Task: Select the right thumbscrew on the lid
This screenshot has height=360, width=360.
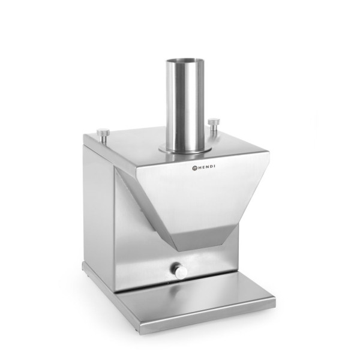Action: (x=214, y=125)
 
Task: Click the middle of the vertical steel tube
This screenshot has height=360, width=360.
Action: (x=184, y=105)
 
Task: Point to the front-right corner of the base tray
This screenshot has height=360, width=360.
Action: (x=274, y=301)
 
